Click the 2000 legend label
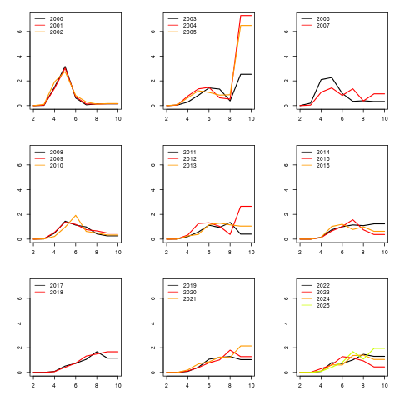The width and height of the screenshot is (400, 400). pyautogui.click(x=57, y=19)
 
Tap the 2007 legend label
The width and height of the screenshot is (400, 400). pyautogui.click(x=323, y=26)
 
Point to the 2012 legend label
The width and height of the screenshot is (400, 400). pyautogui.click(x=190, y=159)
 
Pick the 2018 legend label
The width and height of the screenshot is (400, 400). pyautogui.click(x=57, y=292)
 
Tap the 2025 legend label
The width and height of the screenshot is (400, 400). pyautogui.click(x=323, y=306)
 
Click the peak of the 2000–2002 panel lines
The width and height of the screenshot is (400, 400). pyautogui.click(x=65, y=67)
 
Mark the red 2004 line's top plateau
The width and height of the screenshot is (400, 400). pyautogui.click(x=246, y=16)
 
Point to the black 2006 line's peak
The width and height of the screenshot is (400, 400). pyautogui.click(x=332, y=77)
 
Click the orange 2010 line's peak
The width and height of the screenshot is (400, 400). pyautogui.click(x=76, y=216)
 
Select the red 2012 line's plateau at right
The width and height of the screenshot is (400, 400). pyautogui.click(x=246, y=206)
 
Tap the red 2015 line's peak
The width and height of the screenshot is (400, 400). pyautogui.click(x=352, y=220)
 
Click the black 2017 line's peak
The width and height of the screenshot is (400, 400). pyautogui.click(x=97, y=352)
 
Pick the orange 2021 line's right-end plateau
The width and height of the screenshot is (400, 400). pyautogui.click(x=246, y=346)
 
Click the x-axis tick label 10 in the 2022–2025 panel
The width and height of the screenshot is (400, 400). pyautogui.click(x=385, y=385)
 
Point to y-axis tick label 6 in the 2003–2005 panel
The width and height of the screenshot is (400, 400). pyautogui.click(x=152, y=32)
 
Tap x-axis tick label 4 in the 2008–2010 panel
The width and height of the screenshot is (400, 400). pyautogui.click(x=54, y=252)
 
